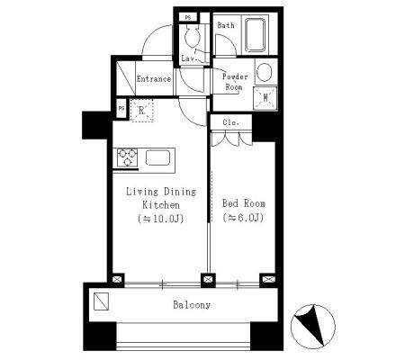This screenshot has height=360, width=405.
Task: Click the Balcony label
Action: click(192, 305)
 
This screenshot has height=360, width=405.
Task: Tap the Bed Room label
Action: click(244, 203)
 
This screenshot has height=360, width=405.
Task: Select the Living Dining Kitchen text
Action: click(161, 198)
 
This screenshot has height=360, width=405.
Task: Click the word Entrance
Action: click(154, 79)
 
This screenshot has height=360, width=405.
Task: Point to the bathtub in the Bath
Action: click(256, 35)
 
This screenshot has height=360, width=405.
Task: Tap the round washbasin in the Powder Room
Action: click(265, 72)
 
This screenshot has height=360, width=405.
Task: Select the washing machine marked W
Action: click(265, 98)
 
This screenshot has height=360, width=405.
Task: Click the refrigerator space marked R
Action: click(142, 111)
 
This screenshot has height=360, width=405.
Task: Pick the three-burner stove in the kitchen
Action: click(128, 157)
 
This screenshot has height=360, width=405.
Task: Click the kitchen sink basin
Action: click(157, 157)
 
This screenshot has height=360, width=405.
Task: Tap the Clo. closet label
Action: click(231, 122)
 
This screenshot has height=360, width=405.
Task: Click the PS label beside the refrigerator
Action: click(121, 109)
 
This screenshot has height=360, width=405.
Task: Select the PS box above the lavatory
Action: click(188, 17)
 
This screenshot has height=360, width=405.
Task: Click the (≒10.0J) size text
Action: click(161, 219)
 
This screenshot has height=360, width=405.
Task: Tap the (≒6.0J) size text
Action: click(243, 217)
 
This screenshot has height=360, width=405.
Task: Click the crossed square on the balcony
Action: click(101, 301)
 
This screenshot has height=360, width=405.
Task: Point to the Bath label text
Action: click(226, 25)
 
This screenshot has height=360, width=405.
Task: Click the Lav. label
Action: click(189, 58)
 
